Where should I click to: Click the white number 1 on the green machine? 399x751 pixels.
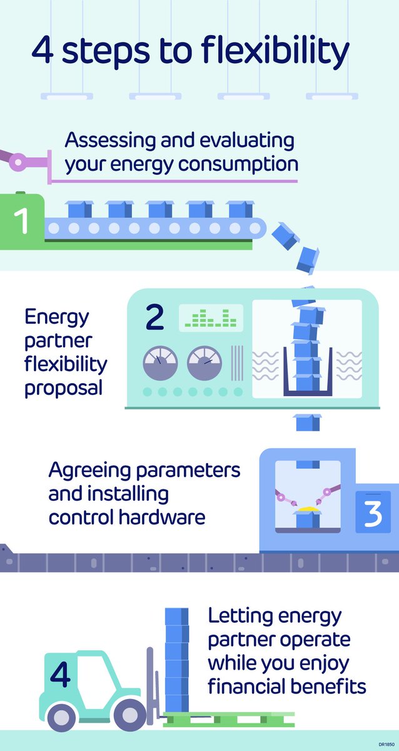(22, 222)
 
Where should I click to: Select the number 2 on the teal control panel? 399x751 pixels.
(154, 318)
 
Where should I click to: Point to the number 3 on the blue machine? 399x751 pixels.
(373, 512)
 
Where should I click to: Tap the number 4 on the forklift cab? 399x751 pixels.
(60, 674)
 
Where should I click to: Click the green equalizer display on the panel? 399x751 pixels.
(211, 318)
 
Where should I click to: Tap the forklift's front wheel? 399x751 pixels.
(129, 713)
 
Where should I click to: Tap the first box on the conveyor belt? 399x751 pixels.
(79, 209)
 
